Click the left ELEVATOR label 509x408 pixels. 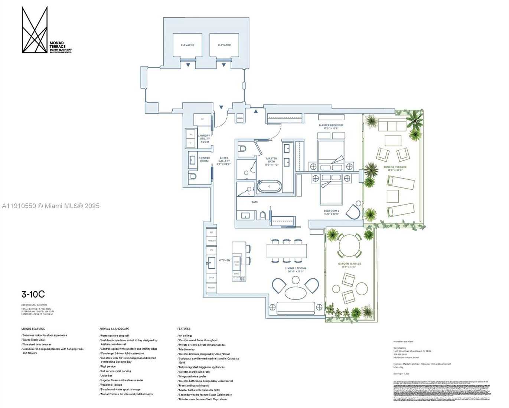pos(187,45)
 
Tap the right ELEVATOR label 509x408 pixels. pos(224,45)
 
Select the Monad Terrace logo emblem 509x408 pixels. pos(35,30)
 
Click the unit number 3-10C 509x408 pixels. pos(33,295)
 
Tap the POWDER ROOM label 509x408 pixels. pos(204,160)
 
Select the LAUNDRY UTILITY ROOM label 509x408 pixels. pos(204,139)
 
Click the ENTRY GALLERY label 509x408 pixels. pos(224,161)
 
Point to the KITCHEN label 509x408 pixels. pos(224,261)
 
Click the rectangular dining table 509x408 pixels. pos(287,251)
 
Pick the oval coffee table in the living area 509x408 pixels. pos(296,293)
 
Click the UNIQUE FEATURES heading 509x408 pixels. pos(33,329)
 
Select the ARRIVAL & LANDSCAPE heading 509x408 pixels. pos(114,329)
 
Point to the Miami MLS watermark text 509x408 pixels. pos(50,206)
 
